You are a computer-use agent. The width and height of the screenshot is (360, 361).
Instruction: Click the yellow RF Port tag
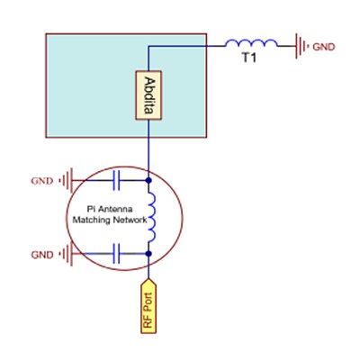click(x=149, y=305)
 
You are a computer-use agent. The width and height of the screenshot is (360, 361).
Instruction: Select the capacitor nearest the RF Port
click(x=116, y=255)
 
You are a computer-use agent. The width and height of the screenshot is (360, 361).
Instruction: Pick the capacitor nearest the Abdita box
click(x=116, y=181)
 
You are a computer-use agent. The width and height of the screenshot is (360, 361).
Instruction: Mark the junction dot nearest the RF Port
click(x=149, y=255)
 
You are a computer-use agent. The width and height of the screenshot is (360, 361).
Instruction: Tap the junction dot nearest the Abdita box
click(x=149, y=181)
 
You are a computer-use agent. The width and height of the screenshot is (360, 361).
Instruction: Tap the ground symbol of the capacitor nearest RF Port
click(x=67, y=255)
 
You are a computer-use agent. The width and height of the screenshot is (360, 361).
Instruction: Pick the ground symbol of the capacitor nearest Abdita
click(x=67, y=181)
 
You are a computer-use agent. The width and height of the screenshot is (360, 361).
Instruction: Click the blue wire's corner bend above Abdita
click(x=149, y=44)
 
